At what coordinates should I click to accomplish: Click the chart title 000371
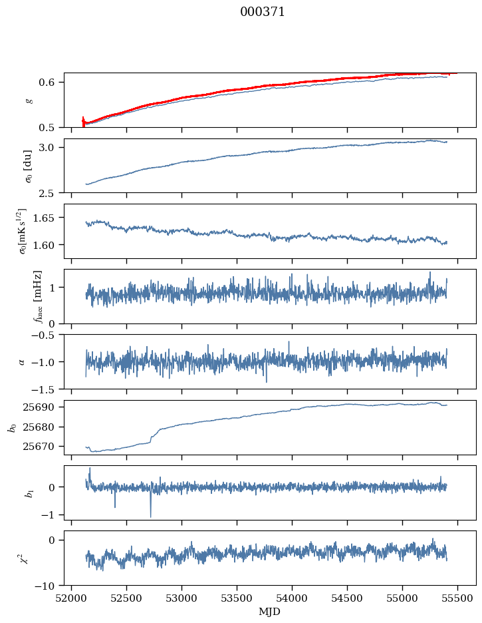[x=263, y=12]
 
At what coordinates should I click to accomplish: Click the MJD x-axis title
[x=269, y=611]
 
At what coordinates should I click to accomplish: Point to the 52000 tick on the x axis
[x=72, y=598]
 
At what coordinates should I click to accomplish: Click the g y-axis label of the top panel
[x=28, y=100]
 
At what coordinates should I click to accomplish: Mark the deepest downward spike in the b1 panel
[x=150, y=516]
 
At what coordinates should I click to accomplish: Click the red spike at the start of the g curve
[x=83, y=120]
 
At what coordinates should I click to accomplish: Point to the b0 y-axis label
[x=11, y=427]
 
